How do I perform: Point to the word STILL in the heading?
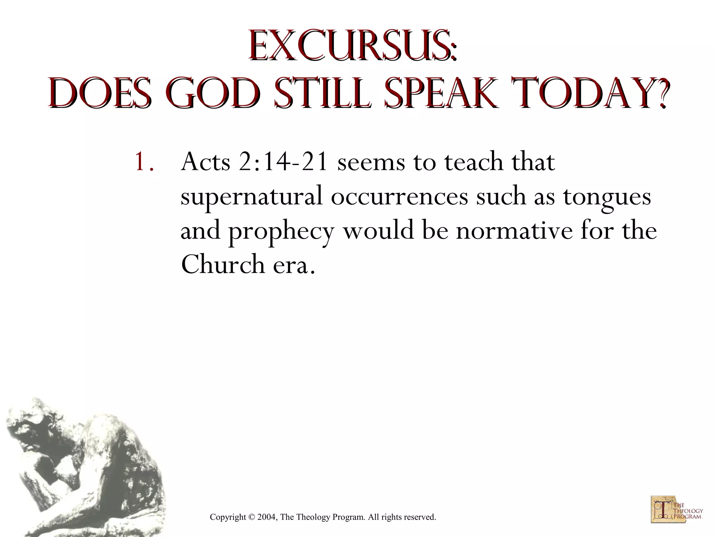322,94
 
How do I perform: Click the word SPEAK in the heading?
441,94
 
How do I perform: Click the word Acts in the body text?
205,162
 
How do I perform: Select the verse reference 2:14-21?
283,163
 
